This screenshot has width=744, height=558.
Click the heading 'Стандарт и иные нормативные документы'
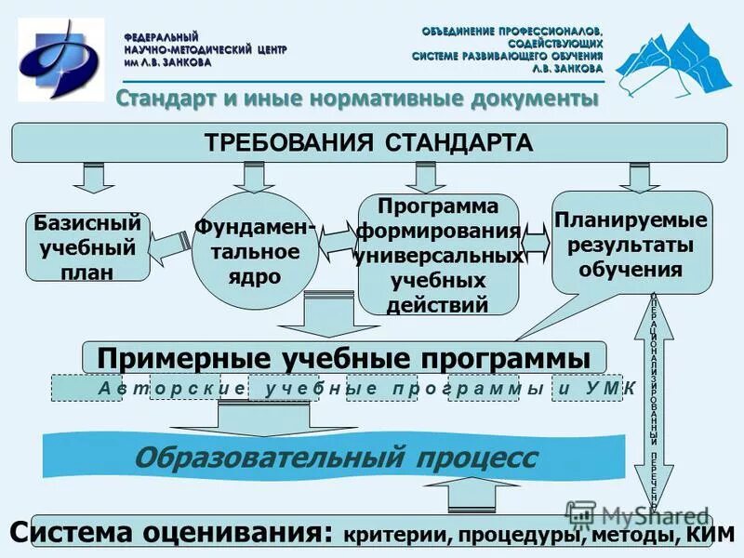coord(356,99)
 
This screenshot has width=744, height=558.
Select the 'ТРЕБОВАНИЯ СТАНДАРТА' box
coord(368,143)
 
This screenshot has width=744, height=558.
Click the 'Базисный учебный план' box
coord(87,246)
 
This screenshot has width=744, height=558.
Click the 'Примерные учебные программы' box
coord(344,358)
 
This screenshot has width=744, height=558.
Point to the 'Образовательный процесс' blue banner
coord(335,457)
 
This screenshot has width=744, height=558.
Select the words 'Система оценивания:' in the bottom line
coord(171,535)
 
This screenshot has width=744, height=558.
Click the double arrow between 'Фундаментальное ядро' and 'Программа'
coord(339,241)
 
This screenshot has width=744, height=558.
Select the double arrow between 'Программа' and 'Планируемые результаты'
coord(537,240)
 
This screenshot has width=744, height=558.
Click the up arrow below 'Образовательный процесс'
coord(475,494)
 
